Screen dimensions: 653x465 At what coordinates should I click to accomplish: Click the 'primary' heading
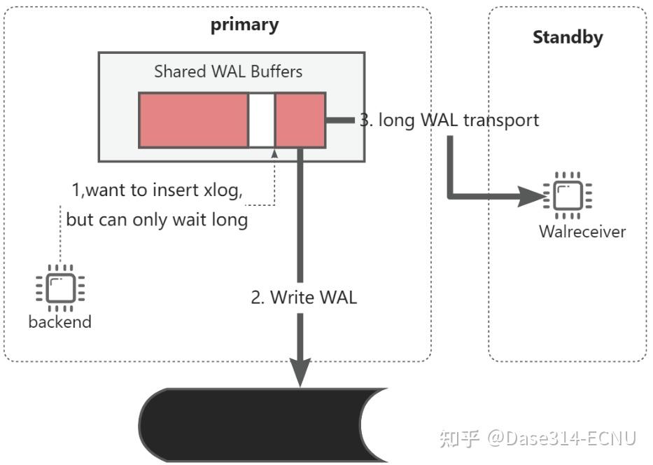pos(244,25)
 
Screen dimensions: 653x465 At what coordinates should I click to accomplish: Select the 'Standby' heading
pos(568,38)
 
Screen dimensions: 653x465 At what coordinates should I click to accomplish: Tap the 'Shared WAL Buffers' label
pos(228,71)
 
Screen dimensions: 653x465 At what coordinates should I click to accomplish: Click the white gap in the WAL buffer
pos(262,120)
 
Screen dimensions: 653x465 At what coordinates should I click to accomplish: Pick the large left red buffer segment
pos(194,120)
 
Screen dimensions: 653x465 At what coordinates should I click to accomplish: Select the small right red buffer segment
pos(300,120)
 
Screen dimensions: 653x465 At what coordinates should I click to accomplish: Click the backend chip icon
pos(60,288)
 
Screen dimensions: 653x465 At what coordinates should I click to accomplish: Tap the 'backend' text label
pos(60,321)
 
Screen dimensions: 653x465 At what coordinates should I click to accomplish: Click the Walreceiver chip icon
pos(567,195)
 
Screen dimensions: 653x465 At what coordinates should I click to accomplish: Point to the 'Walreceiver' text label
pos(582,232)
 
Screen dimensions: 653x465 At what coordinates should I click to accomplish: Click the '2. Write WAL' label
pos(304,298)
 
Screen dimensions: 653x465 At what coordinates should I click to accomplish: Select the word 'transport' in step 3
pos(501,120)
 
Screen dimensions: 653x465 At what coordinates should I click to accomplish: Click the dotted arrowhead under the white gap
pos(274,154)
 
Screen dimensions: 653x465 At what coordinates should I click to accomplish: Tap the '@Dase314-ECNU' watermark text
pos(561,439)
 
